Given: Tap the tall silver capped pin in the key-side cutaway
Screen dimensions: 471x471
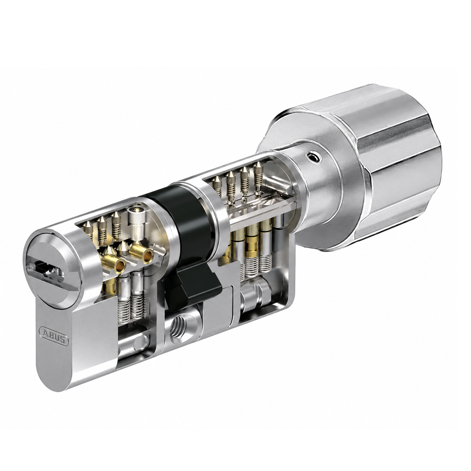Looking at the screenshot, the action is [137, 224].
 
